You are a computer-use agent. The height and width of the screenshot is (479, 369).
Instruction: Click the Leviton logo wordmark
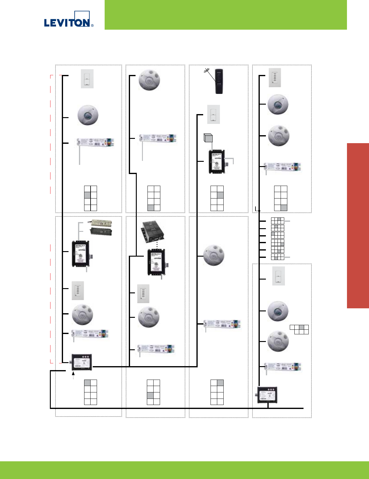67,23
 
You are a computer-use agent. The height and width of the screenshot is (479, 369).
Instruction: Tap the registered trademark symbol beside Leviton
92,26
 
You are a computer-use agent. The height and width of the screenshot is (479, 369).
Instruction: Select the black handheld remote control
219,81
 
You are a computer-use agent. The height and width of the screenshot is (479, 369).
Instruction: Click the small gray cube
208,138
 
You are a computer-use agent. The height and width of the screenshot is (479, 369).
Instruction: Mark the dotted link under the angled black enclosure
157,246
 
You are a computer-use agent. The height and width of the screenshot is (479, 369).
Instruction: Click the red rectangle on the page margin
358,226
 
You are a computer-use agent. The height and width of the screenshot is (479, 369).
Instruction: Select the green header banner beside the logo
225,15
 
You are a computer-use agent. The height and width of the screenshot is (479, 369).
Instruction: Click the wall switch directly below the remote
214,114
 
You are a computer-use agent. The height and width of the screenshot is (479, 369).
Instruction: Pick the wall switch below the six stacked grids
278,276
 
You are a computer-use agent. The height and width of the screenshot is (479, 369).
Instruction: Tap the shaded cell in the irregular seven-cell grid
302,327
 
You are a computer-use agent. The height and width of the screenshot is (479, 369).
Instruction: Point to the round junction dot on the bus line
259,211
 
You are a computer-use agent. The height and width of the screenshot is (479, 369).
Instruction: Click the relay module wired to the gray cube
217,161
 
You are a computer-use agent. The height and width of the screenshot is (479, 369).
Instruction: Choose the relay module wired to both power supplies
80,254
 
